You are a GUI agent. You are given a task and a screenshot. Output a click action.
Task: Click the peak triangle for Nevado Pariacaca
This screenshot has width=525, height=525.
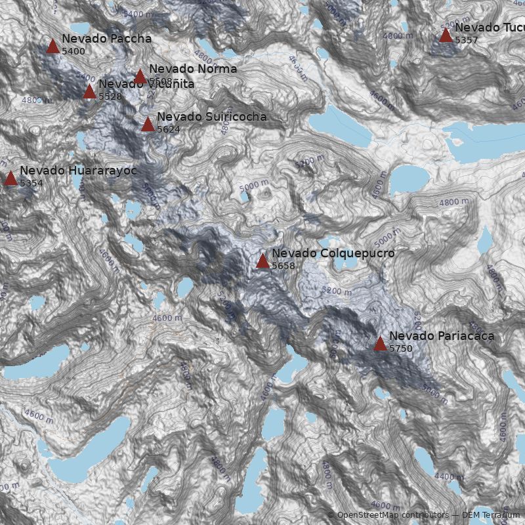[380, 343]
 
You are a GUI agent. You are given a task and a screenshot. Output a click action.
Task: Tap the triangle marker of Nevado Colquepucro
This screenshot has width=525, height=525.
[262, 261]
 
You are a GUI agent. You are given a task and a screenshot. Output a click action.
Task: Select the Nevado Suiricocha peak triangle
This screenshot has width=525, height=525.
[148, 124]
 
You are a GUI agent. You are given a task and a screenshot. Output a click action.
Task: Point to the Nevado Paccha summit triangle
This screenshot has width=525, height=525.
[53, 46]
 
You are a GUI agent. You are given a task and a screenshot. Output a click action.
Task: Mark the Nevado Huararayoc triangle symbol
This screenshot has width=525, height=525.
[10, 178]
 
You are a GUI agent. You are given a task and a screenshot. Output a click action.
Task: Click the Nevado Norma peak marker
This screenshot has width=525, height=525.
[140, 76]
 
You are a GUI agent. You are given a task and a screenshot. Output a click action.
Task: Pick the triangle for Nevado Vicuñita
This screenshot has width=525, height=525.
[90, 91]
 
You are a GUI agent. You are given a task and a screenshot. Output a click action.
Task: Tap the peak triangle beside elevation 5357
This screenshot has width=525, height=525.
[446, 35]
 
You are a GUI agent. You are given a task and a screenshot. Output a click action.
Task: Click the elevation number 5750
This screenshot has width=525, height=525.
[401, 348]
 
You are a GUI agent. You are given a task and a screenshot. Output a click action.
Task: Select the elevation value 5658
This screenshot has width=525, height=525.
[283, 266]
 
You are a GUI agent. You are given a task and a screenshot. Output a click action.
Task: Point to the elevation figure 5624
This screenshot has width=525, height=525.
[168, 129]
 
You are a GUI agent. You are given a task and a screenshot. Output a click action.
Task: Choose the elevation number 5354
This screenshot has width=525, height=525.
[31, 183]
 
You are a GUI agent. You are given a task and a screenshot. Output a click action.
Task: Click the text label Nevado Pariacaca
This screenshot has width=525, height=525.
[442, 336]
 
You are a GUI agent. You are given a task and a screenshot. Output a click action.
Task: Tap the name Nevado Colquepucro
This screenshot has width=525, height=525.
[333, 253]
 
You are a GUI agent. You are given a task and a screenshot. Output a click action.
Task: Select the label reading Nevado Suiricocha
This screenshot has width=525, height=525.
[211, 117]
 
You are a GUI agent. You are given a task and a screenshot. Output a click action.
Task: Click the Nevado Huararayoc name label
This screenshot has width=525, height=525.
[78, 171]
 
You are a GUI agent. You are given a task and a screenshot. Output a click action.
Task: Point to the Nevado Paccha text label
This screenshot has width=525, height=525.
[106, 39]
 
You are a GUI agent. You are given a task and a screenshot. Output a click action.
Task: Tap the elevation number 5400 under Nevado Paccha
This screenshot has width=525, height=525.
[73, 51]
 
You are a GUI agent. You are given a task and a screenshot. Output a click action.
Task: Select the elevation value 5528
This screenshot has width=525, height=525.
[110, 96]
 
